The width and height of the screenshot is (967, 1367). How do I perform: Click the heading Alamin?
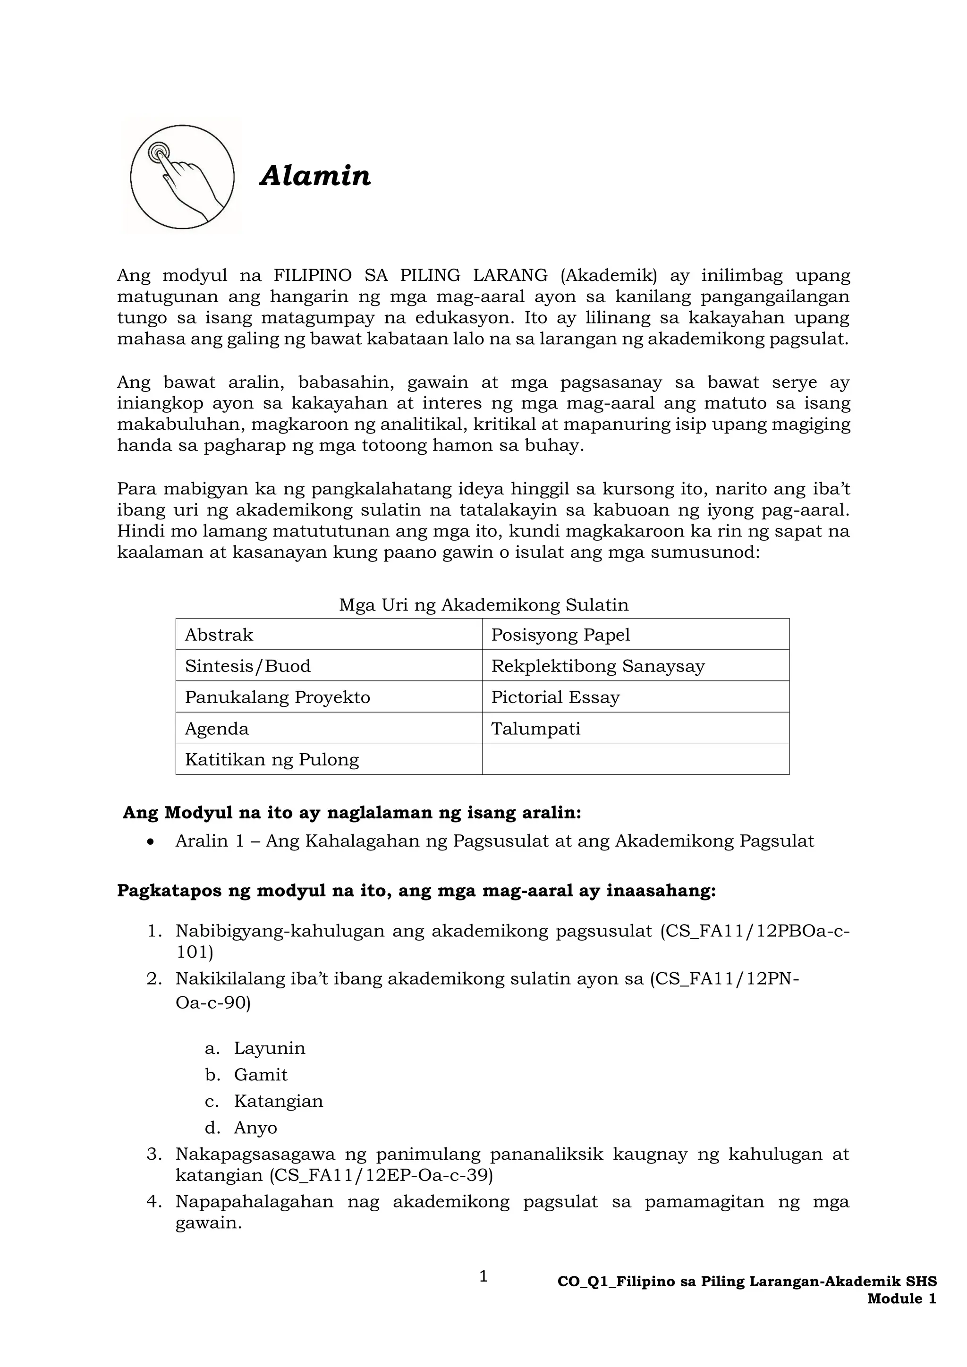point(315,176)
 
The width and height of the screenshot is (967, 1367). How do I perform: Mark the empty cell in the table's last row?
point(636,759)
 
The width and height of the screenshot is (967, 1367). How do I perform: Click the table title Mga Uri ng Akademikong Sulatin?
point(483,605)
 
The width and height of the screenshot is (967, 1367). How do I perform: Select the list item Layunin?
point(269,1048)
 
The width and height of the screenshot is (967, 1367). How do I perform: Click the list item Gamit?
point(260,1075)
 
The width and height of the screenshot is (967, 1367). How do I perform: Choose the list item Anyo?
point(255,1128)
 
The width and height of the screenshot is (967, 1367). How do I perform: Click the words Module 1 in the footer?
point(901,1299)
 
